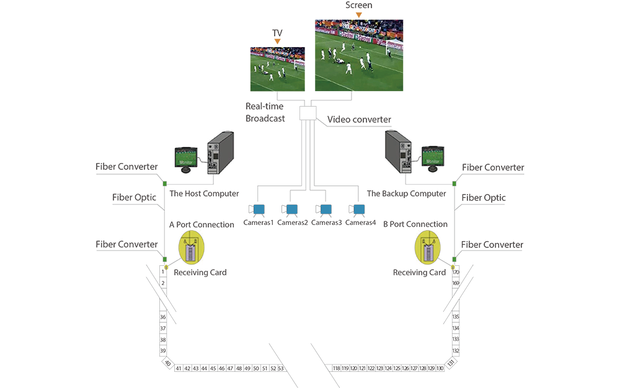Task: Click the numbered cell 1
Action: point(162,271)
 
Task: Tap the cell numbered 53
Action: point(281,368)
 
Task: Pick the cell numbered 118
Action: point(336,368)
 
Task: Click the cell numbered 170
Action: point(456,271)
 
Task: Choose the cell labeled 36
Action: point(162,317)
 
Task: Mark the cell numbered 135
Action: point(456,317)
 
